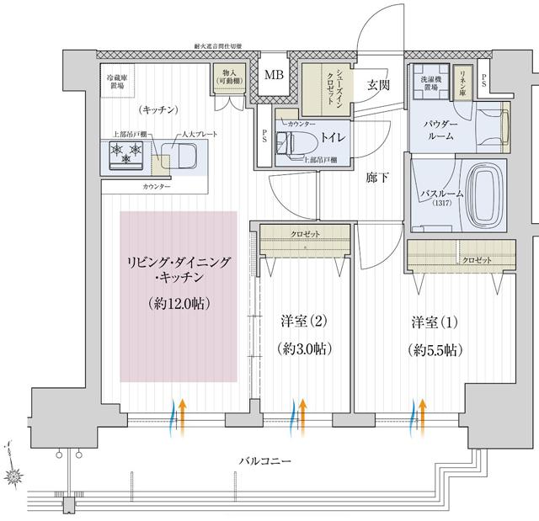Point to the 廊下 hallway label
point(378,178)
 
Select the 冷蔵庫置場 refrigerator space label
point(116,81)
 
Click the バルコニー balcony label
point(264,462)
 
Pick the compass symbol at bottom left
point(17,474)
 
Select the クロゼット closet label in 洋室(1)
point(477,261)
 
